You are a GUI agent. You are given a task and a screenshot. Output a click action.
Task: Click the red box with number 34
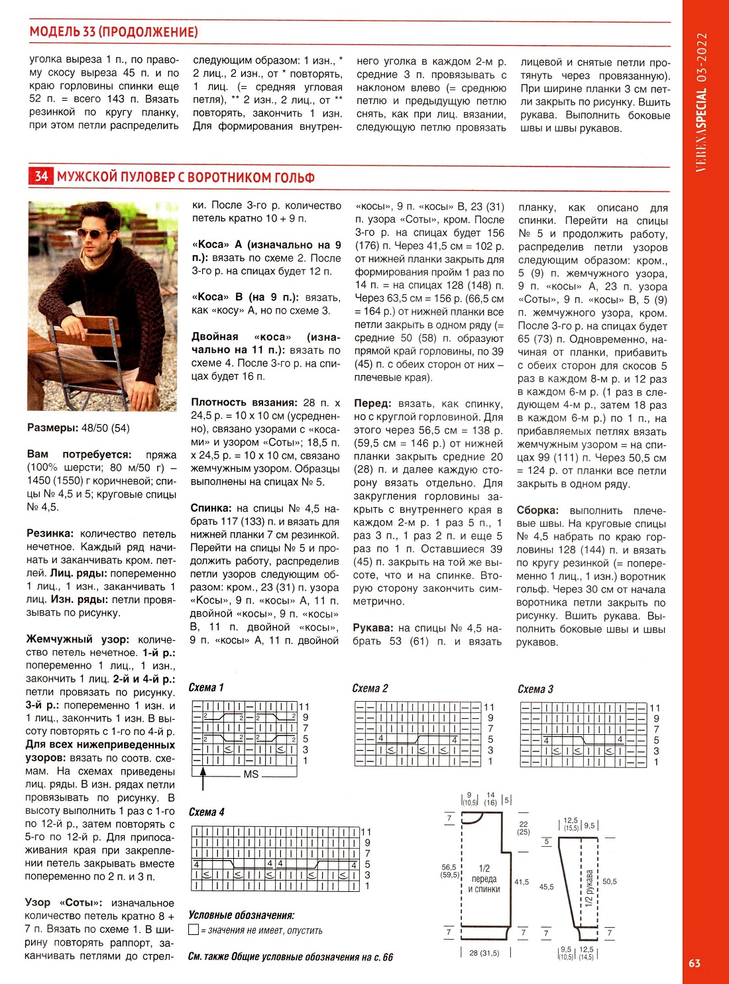41,176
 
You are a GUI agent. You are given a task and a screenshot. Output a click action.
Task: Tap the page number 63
694,963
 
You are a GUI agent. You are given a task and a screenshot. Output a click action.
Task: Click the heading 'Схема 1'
206,687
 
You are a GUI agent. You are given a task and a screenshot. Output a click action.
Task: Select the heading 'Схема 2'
370,688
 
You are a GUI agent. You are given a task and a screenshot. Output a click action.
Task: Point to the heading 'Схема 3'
535,688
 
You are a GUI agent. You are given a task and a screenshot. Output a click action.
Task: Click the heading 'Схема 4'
206,812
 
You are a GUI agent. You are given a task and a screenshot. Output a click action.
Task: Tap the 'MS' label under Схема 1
251,774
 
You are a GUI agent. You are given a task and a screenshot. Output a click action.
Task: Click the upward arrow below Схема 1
203,777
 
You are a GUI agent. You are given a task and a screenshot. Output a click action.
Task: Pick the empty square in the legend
194,930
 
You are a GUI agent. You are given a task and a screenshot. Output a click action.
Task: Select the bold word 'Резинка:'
50,533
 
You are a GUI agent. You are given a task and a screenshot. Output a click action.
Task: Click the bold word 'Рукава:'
373,628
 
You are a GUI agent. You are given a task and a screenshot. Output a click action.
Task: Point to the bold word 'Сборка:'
537,510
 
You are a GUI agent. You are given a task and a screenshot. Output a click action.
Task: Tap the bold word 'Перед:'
372,404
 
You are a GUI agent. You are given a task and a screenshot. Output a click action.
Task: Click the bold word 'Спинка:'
211,508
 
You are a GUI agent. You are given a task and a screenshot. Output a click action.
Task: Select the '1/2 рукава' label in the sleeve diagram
589,888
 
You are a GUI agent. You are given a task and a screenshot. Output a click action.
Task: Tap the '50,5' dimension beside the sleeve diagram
609,881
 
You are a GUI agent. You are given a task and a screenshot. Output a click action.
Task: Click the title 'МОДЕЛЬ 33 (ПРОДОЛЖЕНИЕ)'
113,32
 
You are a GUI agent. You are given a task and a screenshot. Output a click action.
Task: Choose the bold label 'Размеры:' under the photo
52,428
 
